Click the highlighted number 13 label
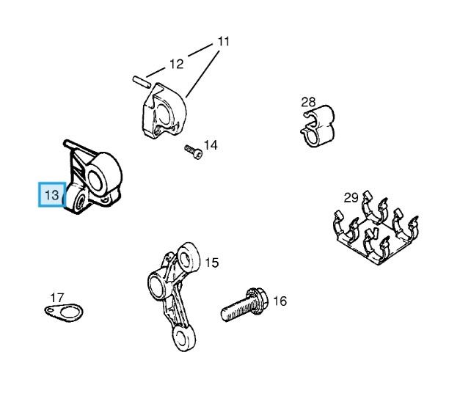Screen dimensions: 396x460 pos(51,195)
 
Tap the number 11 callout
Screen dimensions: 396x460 pos(222,42)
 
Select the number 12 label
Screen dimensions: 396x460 pos(177,64)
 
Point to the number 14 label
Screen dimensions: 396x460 pos(211,145)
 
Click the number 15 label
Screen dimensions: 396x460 pos(211,262)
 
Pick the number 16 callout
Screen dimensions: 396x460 pos(280,301)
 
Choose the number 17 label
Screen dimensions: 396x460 pos(56,298)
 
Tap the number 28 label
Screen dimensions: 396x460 pos(308,102)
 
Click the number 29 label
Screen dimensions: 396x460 pos(351,197)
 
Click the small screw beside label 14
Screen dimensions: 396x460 pos(192,152)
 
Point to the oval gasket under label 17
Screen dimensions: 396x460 pos(61,312)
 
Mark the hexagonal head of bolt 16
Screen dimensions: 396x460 pos(258,298)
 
